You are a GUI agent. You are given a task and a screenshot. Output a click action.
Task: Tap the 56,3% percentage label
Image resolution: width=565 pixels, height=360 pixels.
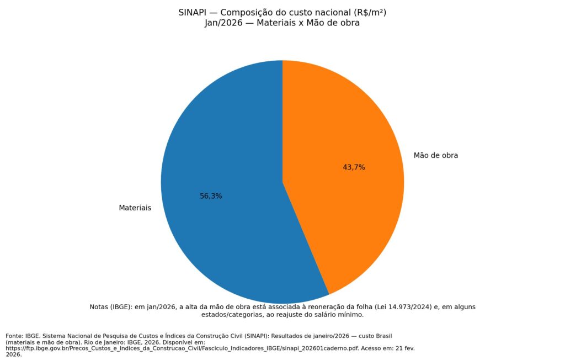211,196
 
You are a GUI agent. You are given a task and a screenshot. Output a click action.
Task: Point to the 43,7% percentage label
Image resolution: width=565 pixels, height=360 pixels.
354,167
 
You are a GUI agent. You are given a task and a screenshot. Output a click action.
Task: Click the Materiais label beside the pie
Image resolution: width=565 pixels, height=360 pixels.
135,208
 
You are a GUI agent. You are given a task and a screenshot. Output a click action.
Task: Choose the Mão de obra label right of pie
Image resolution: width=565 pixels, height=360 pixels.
436,156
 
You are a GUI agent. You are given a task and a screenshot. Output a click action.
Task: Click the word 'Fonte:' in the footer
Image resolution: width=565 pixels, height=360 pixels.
15,336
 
